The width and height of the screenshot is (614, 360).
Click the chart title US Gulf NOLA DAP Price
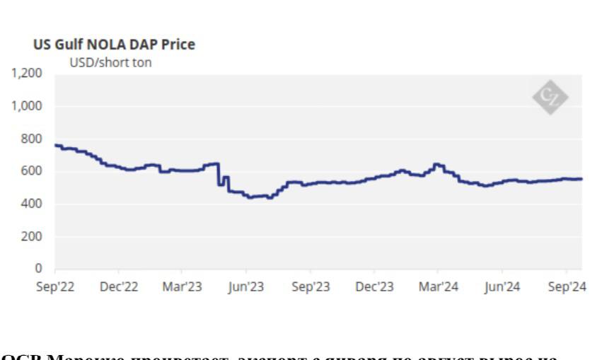(x=115, y=45)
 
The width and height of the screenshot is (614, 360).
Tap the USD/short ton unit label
(x=110, y=62)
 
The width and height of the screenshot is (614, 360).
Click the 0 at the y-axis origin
(x=40, y=269)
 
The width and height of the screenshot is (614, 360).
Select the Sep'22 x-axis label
(x=54, y=286)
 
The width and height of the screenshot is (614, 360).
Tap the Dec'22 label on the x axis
(x=119, y=286)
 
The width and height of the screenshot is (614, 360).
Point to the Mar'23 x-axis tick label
(x=182, y=286)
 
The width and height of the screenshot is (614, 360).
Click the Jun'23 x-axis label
(x=246, y=286)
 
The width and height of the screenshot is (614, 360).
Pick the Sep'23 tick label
(x=311, y=286)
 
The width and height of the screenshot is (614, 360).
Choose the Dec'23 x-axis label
(x=374, y=286)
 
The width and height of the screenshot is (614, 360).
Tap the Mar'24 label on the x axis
(x=438, y=286)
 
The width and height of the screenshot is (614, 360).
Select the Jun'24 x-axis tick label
(x=502, y=286)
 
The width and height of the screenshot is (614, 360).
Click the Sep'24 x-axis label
(x=566, y=286)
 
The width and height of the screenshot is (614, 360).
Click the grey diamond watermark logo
(x=550, y=98)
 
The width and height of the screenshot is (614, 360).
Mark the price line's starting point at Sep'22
(x=56, y=145)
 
